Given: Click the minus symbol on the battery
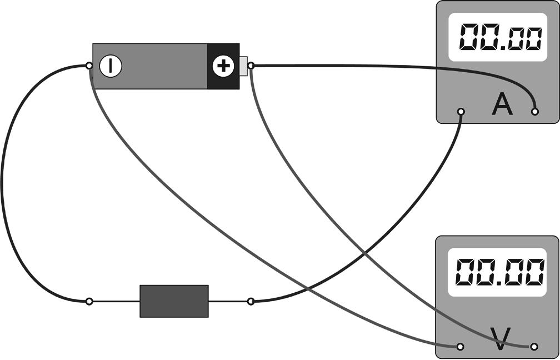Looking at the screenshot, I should (111, 66).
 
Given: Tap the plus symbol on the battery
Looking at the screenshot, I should (223, 67).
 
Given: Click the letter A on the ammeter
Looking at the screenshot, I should (502, 105).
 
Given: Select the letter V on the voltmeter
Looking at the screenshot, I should (499, 339).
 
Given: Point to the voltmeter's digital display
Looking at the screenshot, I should (497, 272).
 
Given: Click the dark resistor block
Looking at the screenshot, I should (174, 301).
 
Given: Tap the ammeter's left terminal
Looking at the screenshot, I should (461, 112).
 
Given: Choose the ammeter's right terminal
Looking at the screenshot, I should (535, 112).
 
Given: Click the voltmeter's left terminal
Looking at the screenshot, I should (460, 346).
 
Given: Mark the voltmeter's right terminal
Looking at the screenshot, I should (534, 346).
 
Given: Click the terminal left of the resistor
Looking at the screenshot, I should (89, 301).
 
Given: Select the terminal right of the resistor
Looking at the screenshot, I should (251, 301).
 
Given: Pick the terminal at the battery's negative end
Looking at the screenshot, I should (89, 66).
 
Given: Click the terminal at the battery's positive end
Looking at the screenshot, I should (251, 66).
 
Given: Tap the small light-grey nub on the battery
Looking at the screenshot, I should (243, 66).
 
